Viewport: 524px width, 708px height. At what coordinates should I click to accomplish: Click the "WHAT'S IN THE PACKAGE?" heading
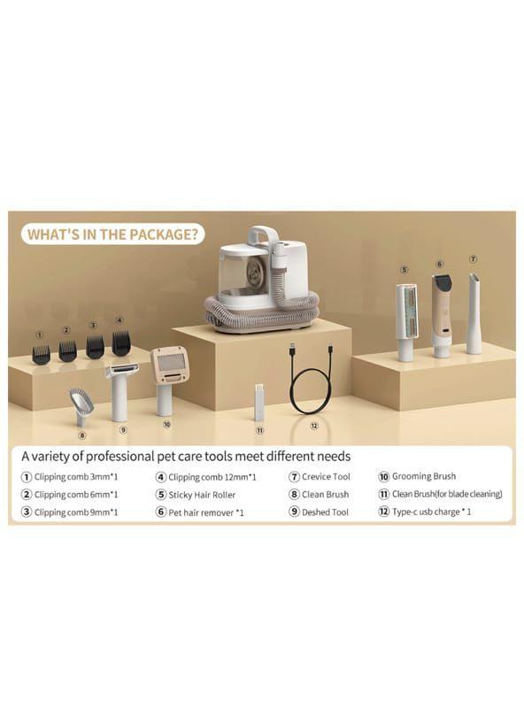[112, 235]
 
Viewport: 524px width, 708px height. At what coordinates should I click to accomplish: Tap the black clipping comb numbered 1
[41, 355]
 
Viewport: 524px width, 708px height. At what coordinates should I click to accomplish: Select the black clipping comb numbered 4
[121, 342]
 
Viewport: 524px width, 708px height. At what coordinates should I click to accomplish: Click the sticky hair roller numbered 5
[406, 322]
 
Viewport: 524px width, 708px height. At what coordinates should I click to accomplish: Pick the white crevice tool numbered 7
[474, 313]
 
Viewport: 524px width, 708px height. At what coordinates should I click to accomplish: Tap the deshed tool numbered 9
[121, 391]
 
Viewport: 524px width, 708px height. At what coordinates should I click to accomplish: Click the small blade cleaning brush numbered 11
[258, 403]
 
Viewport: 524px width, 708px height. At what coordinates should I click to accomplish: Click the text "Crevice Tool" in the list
[326, 477]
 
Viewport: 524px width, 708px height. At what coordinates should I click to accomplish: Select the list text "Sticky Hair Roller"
[202, 495]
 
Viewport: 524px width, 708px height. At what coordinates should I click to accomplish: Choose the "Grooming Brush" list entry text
[424, 476]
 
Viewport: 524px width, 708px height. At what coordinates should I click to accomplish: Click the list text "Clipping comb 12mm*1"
[212, 477]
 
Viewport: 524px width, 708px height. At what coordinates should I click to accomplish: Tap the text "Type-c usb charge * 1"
[431, 512]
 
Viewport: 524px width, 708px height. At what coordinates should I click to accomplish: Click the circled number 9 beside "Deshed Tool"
[294, 512]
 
